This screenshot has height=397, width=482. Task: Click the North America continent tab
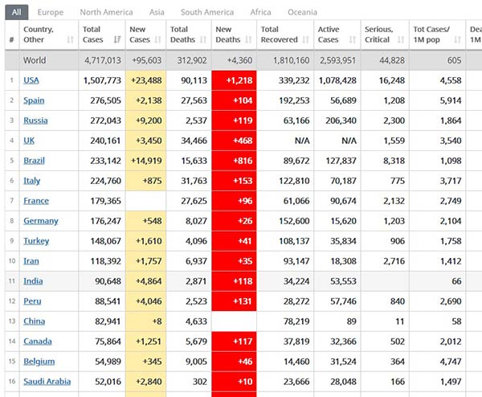(106, 12)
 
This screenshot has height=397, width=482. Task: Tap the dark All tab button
(16, 12)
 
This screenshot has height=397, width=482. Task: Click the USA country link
(31, 80)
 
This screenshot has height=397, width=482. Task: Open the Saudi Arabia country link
(47, 382)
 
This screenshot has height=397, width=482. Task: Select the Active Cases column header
(329, 35)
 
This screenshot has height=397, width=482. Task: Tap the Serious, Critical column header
(377, 35)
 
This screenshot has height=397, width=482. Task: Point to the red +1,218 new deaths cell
(234, 80)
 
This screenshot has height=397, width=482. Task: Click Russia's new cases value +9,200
(146, 121)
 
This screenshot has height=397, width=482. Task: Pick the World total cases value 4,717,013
(103, 60)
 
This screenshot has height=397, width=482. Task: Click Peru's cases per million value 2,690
(449, 301)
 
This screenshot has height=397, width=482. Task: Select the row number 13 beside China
(12, 321)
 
